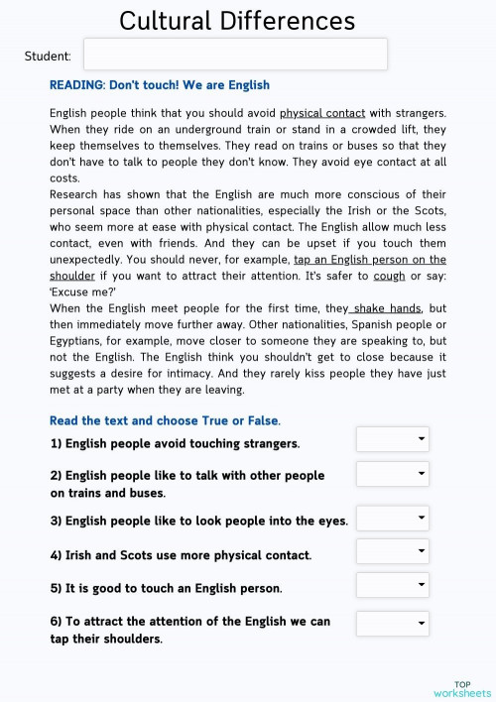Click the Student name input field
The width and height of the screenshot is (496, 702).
tap(235, 55)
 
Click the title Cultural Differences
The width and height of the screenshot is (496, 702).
tap(237, 20)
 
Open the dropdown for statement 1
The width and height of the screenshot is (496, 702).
tap(393, 439)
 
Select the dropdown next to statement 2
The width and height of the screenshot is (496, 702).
tap(393, 474)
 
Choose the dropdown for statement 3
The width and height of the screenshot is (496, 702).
tap(393, 519)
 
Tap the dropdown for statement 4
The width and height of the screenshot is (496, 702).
tap(393, 551)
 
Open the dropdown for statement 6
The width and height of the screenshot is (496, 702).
tap(393, 623)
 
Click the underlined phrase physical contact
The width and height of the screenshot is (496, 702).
tap(322, 113)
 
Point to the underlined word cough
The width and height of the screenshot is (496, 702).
tap(389, 275)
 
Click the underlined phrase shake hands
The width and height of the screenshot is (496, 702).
tap(387, 308)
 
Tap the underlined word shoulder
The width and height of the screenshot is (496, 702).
tap(72, 275)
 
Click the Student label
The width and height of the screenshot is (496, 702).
tap(48, 57)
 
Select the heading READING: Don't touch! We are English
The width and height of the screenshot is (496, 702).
tap(160, 85)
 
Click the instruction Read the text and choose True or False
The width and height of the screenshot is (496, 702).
tap(165, 420)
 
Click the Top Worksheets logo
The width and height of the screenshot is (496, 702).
tap(462, 688)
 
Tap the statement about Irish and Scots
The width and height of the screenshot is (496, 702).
tap(181, 555)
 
